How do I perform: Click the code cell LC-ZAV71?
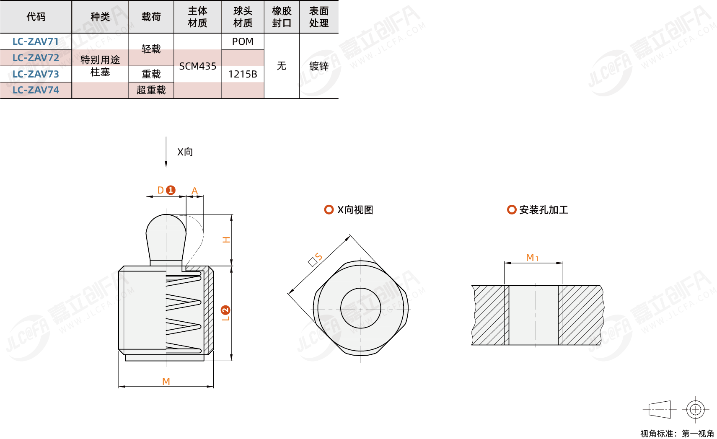pos(36,41)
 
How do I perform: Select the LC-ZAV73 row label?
pos(36,74)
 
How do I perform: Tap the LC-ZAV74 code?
pos(36,90)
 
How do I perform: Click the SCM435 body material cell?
pos(197,66)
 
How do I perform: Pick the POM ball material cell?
pos(243,41)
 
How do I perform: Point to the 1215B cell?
pos(243,74)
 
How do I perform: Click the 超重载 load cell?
pos(151,90)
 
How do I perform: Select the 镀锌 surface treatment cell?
pos(318,66)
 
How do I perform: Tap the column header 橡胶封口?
pos(281,17)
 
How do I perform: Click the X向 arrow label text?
pos(185,152)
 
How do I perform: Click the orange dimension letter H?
pos(226,240)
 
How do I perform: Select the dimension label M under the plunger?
pos(166,381)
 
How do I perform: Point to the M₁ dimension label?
pos(532,258)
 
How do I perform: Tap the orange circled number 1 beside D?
pos(171,190)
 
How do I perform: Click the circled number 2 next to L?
pos(225,310)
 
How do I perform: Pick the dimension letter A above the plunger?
pos(194,191)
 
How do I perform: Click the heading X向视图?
pos(355,210)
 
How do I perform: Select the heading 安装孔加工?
pos(544,210)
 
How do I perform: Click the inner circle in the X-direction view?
pos(360,308)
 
